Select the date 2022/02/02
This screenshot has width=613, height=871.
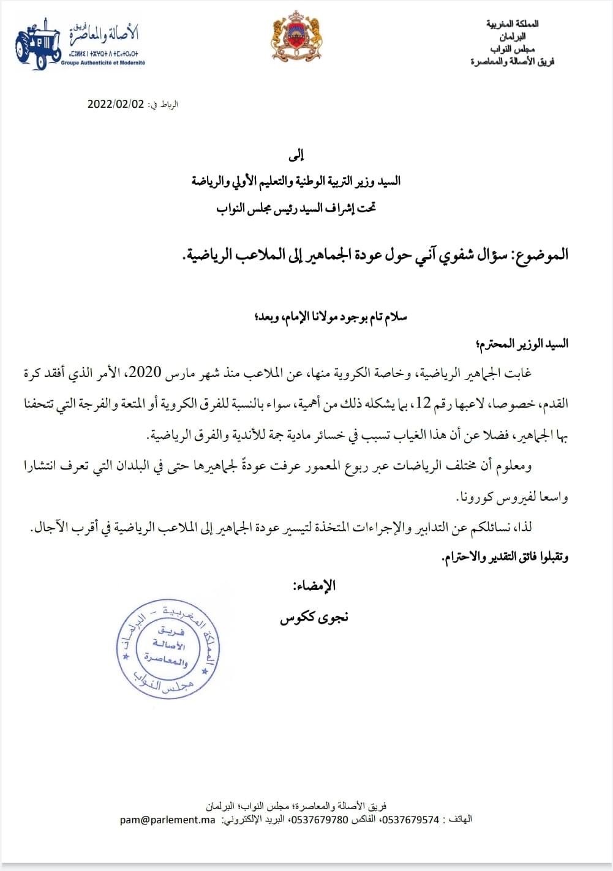(x=116, y=104)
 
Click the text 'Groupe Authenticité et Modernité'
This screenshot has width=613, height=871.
(x=103, y=62)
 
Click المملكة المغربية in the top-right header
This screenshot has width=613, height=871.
(x=513, y=24)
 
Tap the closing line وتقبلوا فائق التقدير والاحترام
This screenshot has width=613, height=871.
(x=505, y=557)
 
